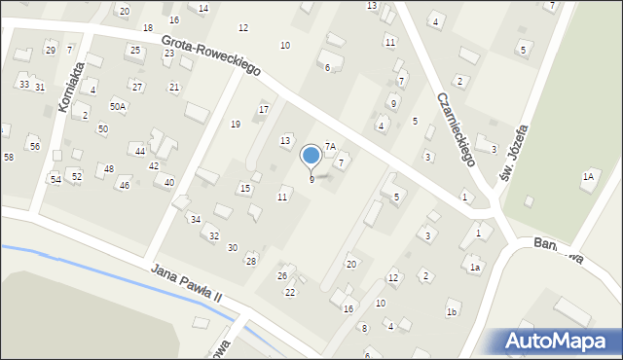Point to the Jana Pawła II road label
195,287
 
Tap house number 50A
117,106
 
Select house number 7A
330,146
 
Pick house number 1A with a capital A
587,176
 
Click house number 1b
452,311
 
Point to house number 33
23,85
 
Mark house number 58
8,157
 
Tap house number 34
195,219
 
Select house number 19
235,124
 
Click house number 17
263,109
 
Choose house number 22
289,292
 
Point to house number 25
134,50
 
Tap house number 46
124,185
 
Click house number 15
244,188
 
